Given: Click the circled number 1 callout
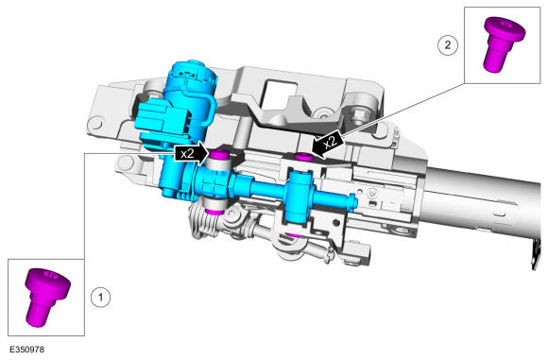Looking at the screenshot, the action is coord(101,298).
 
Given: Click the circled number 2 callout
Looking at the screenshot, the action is coord(448,45).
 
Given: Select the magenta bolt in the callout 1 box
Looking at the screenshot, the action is coord(47,297).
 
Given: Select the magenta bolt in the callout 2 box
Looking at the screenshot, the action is coord(504,44).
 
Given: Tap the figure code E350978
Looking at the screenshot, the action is coord(26,350).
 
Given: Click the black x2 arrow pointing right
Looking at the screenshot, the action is coord(192,153).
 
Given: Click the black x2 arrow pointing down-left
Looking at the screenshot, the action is coord(328,143).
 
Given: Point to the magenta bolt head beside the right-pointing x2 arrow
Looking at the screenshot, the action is coord(220,153).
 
